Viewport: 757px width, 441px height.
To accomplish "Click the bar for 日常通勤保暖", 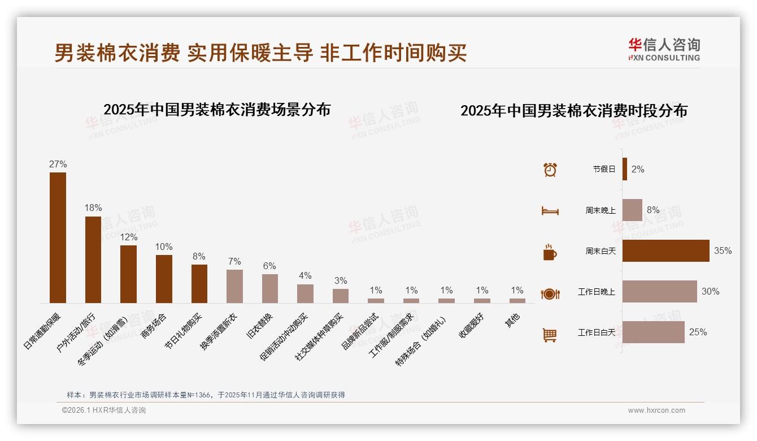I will click(x=58, y=237).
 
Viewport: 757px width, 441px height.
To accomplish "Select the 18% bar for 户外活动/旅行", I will click(x=93, y=260).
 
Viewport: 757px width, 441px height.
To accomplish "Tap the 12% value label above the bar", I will click(x=128, y=237).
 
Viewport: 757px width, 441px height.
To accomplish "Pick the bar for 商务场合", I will click(x=164, y=279).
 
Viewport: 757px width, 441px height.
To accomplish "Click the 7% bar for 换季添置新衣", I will click(x=234, y=286).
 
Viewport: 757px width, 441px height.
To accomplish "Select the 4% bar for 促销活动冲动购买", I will click(x=305, y=293).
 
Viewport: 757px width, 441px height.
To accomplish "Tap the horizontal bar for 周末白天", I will click(x=665, y=250).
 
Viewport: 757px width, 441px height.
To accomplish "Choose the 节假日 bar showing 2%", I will click(x=624, y=169).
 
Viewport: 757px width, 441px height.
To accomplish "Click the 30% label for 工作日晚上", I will click(x=710, y=292).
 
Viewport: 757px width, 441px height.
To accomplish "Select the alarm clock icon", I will click(x=550, y=169).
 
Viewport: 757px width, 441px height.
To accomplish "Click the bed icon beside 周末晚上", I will click(x=550, y=210).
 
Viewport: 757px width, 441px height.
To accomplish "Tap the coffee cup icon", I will click(x=550, y=252).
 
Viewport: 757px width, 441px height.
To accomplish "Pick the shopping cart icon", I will click(x=550, y=335).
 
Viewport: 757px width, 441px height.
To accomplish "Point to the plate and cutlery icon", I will click(x=550, y=293).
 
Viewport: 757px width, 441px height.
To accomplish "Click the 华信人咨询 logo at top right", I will click(x=664, y=49).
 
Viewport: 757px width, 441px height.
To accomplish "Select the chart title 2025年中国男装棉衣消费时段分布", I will click(x=573, y=111).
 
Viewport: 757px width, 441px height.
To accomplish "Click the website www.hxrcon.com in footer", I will click(x=656, y=410).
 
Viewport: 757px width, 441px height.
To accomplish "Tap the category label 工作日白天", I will click(x=596, y=332).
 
